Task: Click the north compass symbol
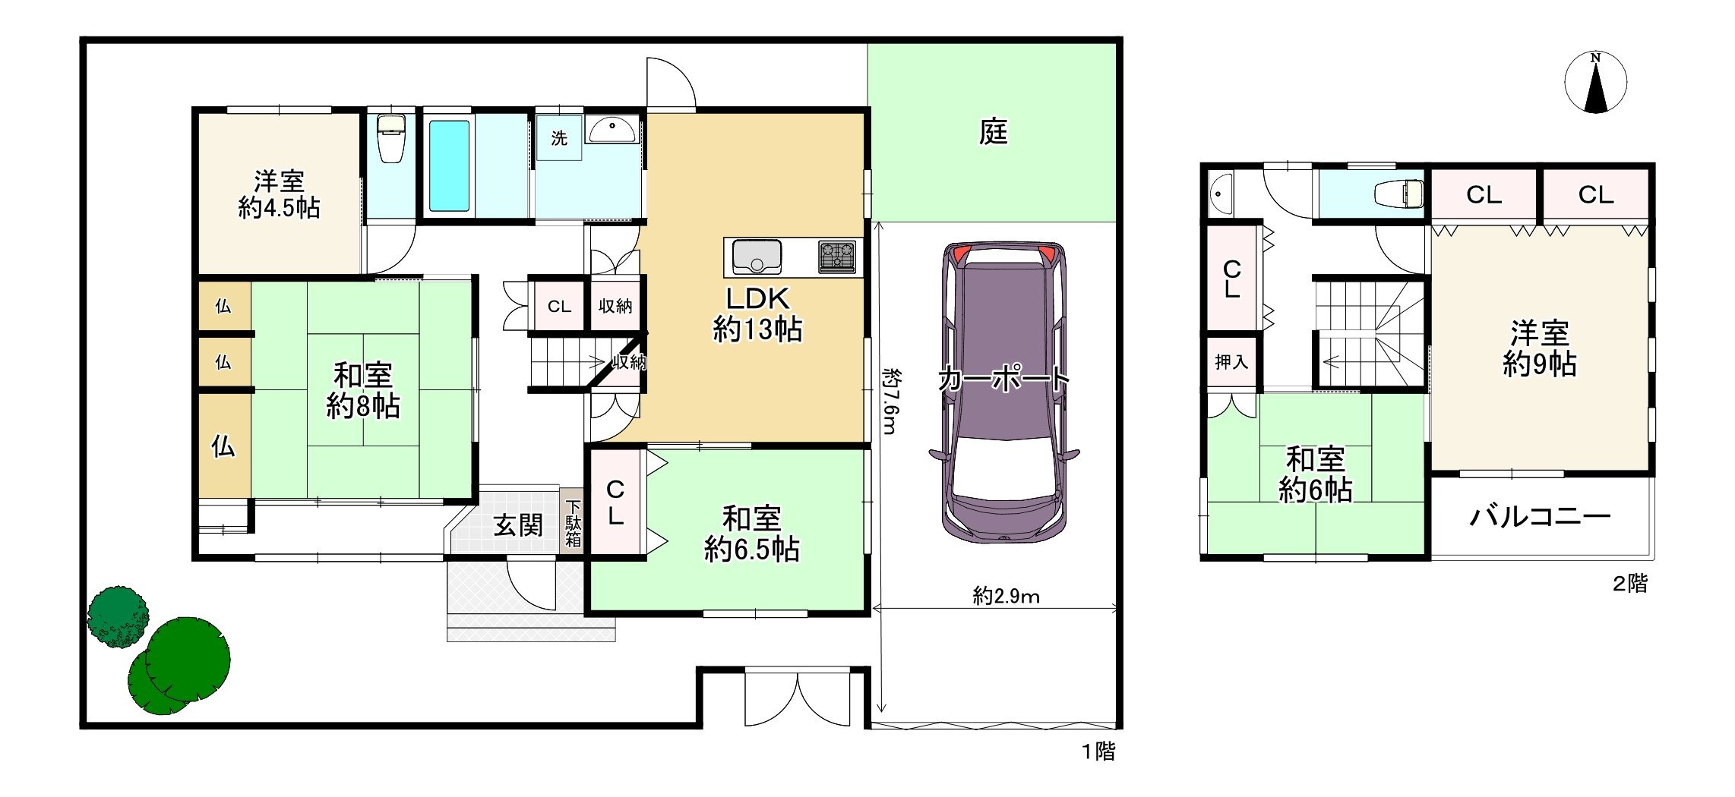pos(1595,82)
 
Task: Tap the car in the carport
pos(1004,392)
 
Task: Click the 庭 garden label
pos(993,132)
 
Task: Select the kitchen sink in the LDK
pos(757,257)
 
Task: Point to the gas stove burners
pos(837,256)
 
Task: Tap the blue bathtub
pos(449,165)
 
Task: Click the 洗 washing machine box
pos(559,138)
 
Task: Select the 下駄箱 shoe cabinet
pos(573,523)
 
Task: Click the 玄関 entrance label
pos(518,525)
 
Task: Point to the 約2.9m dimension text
pos(1006,597)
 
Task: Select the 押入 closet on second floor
pos(1231,362)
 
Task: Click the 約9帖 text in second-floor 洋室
pos(1540,364)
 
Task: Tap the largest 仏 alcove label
pos(223,446)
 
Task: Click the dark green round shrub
pos(118,616)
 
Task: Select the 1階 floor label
pos(1098,751)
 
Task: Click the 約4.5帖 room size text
pos(279,208)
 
